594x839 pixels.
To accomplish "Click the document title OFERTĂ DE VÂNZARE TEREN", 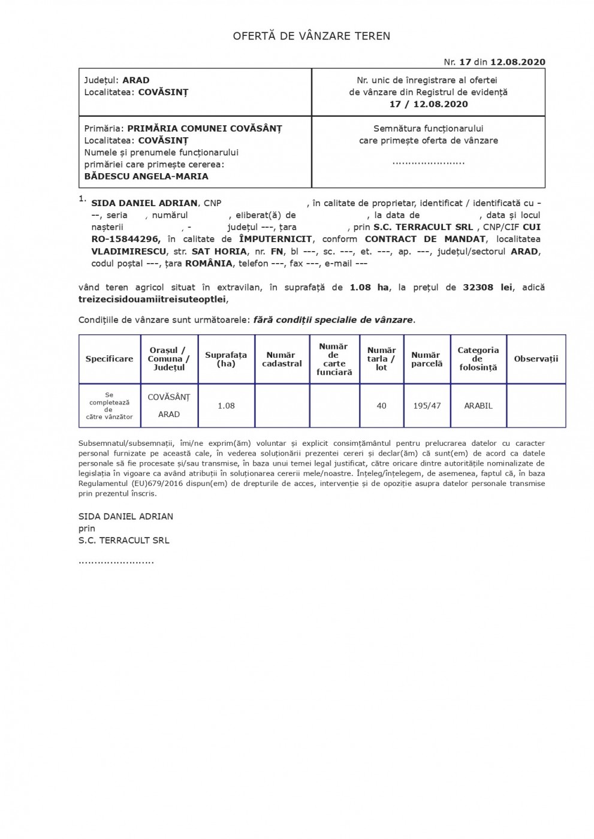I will click(x=311, y=36).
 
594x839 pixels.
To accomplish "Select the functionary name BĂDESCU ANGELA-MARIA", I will click(x=146, y=176).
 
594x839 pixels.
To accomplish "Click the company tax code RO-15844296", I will click(x=125, y=239).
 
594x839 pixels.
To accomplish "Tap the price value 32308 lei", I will click(x=487, y=287).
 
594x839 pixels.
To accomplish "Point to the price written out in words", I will click(x=153, y=299).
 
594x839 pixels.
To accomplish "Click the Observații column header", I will click(x=536, y=359).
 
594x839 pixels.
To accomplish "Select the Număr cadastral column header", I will click(x=282, y=359).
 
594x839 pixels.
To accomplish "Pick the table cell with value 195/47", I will click(x=427, y=406).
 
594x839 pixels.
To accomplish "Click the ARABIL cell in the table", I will click(x=478, y=406).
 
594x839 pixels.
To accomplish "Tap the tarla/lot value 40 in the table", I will click(x=381, y=406).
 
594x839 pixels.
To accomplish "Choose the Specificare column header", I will click(x=109, y=359).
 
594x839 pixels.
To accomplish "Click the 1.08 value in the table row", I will click(x=226, y=406).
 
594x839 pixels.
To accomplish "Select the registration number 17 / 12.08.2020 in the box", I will click(x=428, y=104).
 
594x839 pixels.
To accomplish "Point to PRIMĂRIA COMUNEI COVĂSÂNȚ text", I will click(x=204, y=128).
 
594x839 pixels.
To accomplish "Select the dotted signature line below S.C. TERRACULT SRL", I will click(x=116, y=562).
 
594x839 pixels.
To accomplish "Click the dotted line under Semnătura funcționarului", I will click(x=428, y=162).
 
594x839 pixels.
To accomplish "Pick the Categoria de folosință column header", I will click(x=478, y=359).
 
